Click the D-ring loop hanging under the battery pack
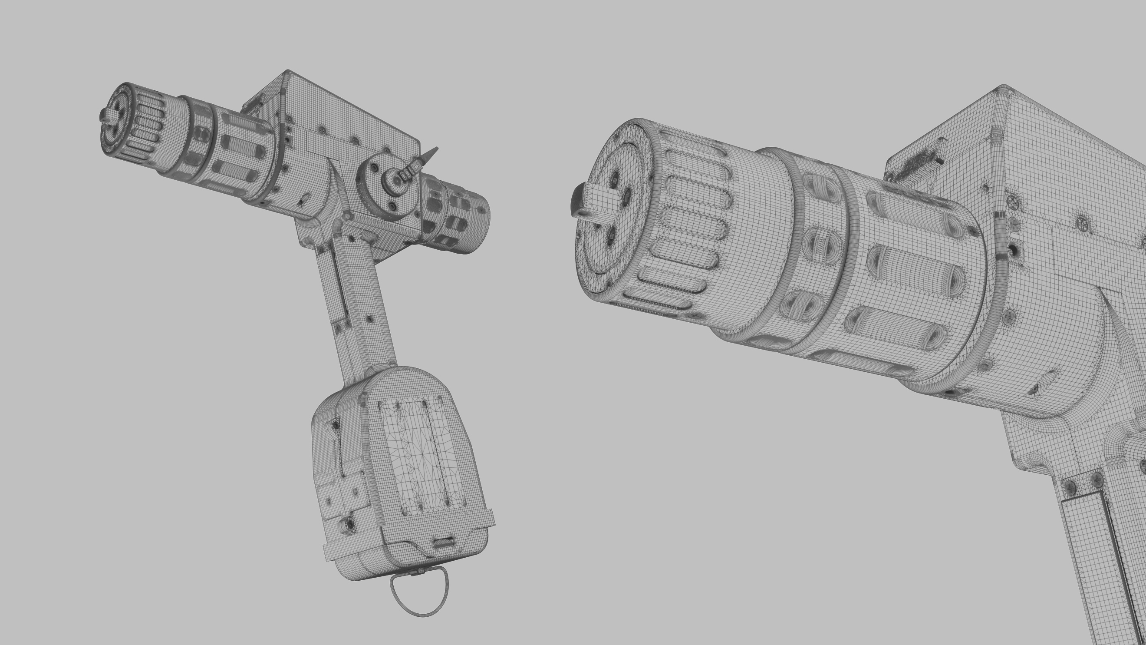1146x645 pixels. (419, 596)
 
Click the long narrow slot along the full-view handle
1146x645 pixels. (338, 285)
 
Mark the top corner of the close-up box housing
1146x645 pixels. (1003, 86)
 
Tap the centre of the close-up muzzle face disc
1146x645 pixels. (614, 209)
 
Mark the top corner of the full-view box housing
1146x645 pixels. (288, 71)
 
